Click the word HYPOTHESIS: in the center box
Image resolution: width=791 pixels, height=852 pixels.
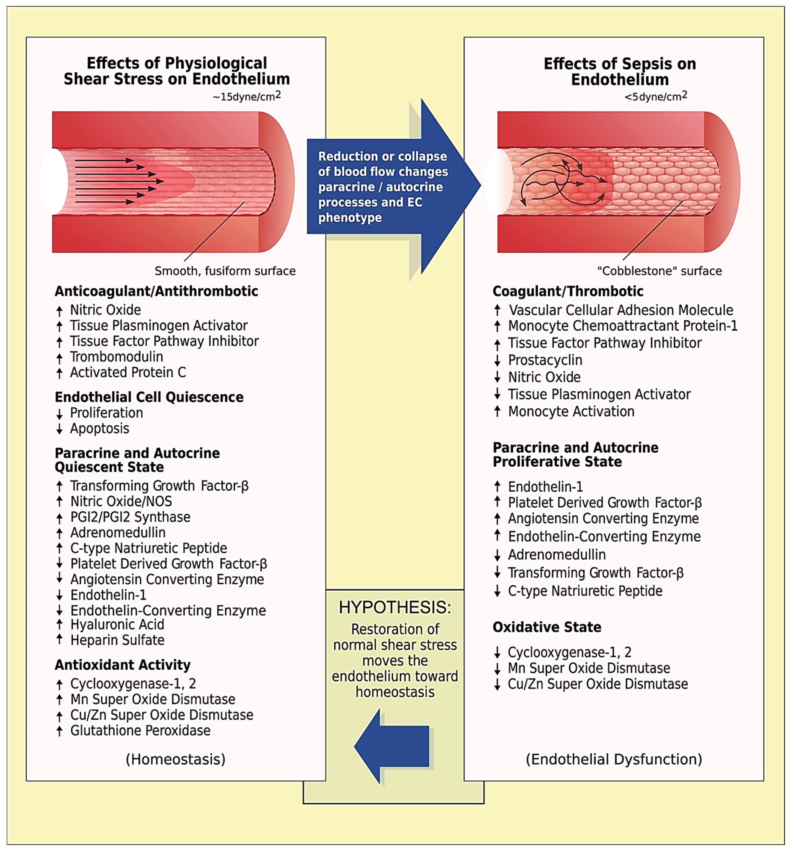click(395, 608)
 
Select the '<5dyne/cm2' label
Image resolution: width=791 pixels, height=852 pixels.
click(655, 96)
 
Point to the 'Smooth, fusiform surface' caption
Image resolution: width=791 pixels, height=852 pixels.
click(225, 271)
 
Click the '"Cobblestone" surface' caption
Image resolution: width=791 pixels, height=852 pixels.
click(659, 271)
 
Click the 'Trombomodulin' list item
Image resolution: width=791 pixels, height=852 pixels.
click(117, 357)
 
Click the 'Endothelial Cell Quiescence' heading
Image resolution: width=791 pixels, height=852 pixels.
click(149, 397)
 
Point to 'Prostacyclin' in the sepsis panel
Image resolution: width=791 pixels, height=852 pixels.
click(545, 360)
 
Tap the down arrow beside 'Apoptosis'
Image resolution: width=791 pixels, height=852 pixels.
click(60, 429)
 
